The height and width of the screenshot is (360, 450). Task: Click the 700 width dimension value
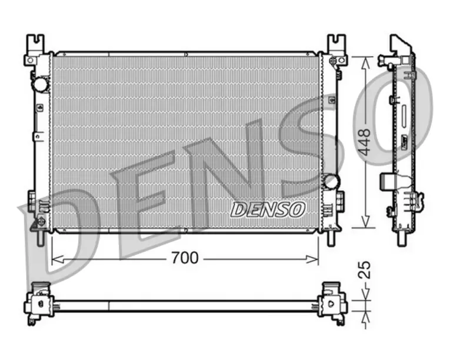(x=185, y=258)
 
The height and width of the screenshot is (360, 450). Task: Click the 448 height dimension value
(x=365, y=142)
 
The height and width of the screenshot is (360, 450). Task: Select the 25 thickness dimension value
(x=365, y=269)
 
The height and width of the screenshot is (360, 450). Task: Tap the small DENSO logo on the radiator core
(x=268, y=209)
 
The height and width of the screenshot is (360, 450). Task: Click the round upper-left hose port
(x=39, y=84)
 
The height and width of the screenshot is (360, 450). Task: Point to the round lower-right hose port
(x=331, y=181)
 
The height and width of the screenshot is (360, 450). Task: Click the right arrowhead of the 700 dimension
(x=312, y=259)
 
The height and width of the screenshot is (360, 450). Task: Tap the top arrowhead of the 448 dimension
(x=365, y=63)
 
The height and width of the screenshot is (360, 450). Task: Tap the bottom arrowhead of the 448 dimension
(x=365, y=221)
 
